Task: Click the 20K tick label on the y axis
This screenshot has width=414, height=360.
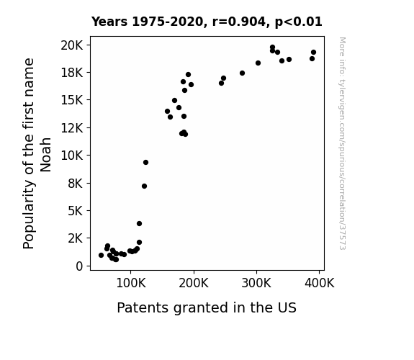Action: (71, 45)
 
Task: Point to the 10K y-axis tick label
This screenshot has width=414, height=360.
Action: (71, 156)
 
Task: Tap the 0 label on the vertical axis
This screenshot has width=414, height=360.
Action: (79, 266)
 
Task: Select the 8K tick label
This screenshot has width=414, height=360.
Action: (76, 184)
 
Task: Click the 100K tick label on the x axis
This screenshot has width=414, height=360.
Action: (131, 283)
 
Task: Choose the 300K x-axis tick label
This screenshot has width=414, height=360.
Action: (256, 283)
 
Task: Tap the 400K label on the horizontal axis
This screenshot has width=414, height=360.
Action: (320, 283)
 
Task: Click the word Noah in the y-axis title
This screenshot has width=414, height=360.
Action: (45, 155)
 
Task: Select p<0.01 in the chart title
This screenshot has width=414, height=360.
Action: (299, 22)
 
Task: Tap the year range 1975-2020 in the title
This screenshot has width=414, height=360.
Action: (167, 22)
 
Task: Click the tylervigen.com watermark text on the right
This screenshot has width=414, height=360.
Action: (342, 143)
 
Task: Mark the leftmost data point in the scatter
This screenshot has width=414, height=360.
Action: (101, 255)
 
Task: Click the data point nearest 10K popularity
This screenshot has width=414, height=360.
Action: (145, 162)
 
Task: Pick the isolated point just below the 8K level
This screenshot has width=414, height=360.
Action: (144, 186)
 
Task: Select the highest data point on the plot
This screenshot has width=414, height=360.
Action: (272, 48)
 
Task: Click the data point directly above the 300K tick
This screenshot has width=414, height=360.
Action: (258, 63)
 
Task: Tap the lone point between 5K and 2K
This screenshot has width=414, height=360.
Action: (140, 223)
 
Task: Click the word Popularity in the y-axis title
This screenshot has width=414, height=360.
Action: (29, 214)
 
